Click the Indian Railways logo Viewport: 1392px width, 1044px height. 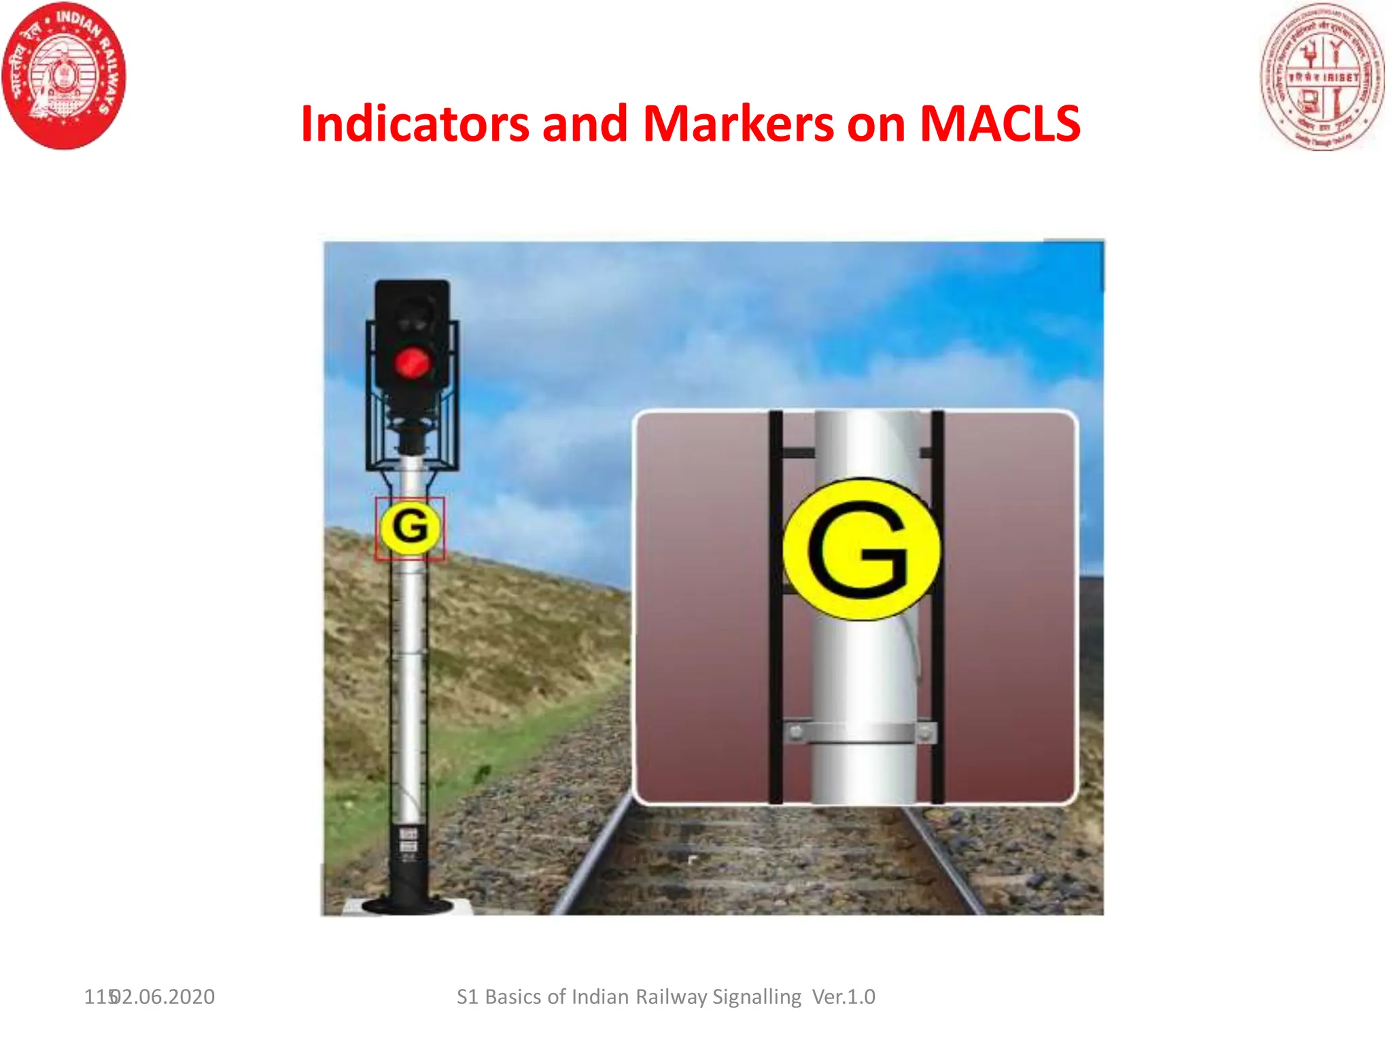point(64,75)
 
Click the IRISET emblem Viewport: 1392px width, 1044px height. point(1321,76)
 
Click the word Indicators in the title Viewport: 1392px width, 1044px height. point(415,124)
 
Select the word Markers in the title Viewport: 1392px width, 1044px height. point(738,124)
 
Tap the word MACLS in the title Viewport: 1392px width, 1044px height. point(999,124)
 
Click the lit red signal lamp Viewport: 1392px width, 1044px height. point(412,363)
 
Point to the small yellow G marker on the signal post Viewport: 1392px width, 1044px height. point(410,527)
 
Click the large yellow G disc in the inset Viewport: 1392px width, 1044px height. point(861,549)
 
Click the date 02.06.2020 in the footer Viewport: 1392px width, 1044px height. point(163,997)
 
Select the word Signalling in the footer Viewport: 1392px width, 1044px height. point(756,997)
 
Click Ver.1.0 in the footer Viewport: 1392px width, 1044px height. point(843,997)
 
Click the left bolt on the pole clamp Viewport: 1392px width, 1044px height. point(795,733)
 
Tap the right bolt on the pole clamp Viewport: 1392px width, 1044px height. point(925,733)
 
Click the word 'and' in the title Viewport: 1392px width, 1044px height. point(585,124)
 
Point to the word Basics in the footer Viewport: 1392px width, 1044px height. point(513,997)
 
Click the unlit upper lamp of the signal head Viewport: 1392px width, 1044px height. point(412,316)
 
